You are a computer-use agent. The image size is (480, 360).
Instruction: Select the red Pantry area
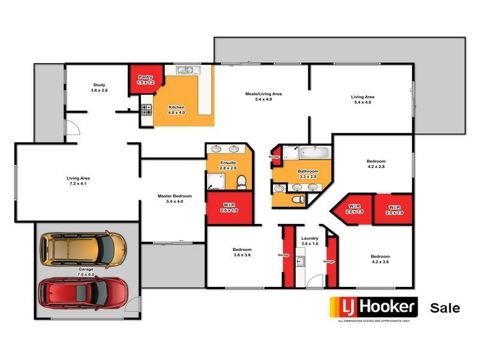(x=144, y=79)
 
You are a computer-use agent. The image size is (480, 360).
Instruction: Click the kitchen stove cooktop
(x=146, y=109)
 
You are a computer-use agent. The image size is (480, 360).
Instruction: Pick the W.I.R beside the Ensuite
(x=229, y=208)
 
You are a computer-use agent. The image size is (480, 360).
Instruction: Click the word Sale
(x=445, y=308)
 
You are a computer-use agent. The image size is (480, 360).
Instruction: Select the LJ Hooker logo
(x=373, y=308)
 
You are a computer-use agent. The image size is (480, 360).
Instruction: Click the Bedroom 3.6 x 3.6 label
(x=242, y=252)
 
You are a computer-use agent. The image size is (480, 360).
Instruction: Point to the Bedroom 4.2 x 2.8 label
(x=376, y=164)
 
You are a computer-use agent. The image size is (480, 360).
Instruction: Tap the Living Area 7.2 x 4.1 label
(x=78, y=181)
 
